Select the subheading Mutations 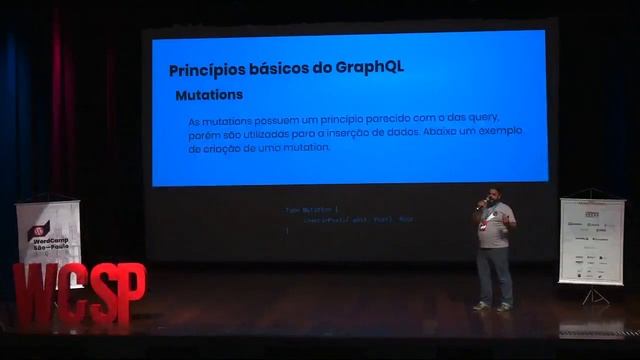tap(209, 96)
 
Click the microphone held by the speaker tap(483, 203)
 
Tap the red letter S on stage tap(102, 296)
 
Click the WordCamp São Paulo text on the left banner tap(47, 245)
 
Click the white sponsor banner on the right tap(591, 240)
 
